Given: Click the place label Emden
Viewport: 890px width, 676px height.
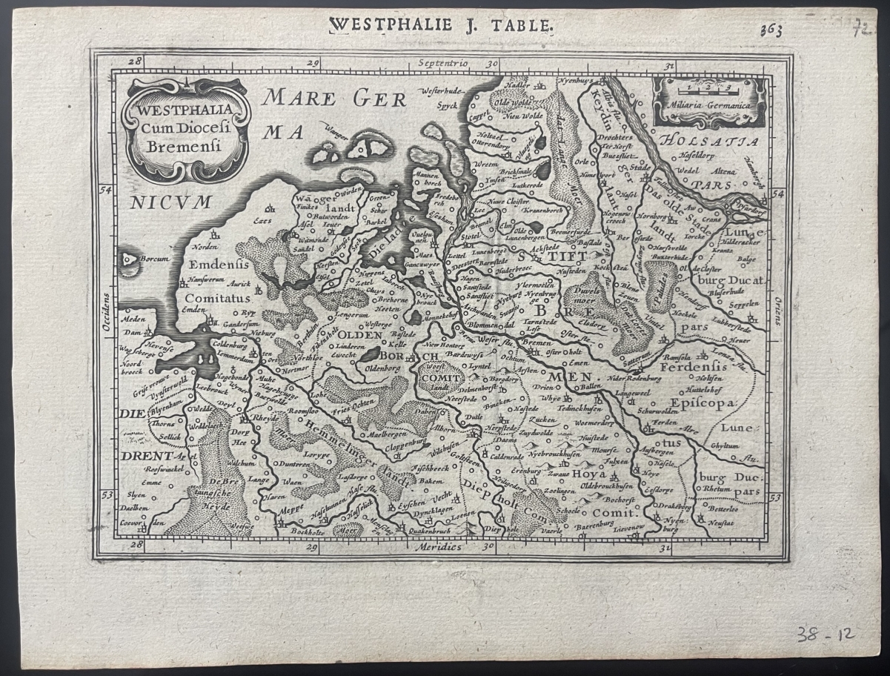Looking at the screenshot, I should tap(193, 310).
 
